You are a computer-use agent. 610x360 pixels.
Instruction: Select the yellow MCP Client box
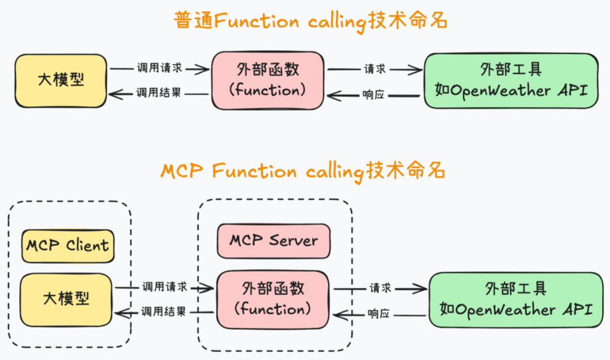pos(67,246)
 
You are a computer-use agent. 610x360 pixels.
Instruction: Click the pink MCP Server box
pos(273,241)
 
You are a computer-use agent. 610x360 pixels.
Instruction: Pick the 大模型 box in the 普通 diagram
pos(60,80)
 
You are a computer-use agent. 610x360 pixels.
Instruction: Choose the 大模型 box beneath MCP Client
pos(66,299)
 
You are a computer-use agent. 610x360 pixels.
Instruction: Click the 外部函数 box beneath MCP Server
pos(273,300)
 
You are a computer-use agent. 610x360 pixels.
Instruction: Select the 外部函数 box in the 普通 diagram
pos(268,80)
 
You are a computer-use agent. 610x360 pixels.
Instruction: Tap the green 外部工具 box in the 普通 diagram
pos(511,80)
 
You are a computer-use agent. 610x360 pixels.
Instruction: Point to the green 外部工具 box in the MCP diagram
pos(516,300)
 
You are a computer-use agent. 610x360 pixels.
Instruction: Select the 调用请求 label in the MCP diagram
pos(165,287)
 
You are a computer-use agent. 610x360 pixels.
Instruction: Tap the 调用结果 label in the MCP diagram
pos(164,311)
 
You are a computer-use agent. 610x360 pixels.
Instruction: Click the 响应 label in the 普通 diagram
pos(373,94)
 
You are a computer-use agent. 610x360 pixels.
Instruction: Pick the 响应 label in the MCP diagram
pos(378,314)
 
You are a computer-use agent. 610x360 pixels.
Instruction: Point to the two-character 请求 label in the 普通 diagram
pos(375,69)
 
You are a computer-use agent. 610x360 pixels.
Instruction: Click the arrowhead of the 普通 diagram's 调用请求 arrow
pos(204,69)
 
